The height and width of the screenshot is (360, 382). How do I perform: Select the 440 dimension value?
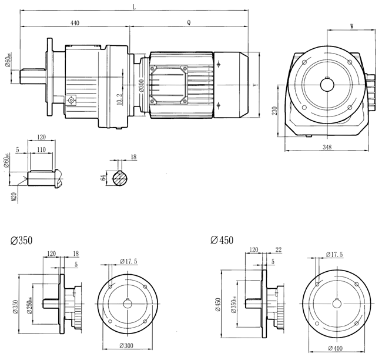[75, 22]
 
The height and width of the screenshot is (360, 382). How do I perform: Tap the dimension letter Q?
[189, 22]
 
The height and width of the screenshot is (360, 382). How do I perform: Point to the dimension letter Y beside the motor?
[254, 85]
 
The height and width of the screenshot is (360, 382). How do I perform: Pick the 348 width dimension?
[328, 148]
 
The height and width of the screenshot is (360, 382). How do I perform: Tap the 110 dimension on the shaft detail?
[41, 151]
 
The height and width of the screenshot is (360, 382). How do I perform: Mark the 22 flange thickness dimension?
[278, 250]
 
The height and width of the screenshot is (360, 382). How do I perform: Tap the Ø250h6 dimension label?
[28, 302]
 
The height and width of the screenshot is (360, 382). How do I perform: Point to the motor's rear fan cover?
[230, 85]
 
